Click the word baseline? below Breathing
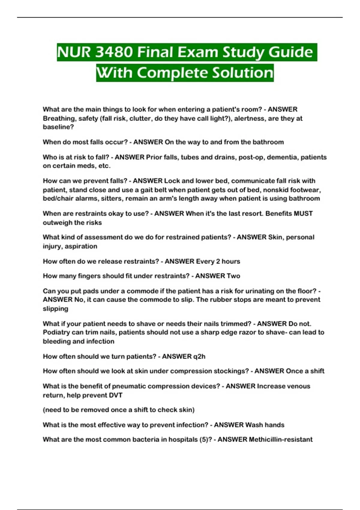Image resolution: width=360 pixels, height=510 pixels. click(58, 127)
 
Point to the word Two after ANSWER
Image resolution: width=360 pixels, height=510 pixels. click(233, 276)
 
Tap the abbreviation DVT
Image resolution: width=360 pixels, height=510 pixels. click(115, 395)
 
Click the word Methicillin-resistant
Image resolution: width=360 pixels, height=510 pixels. click(281, 439)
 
